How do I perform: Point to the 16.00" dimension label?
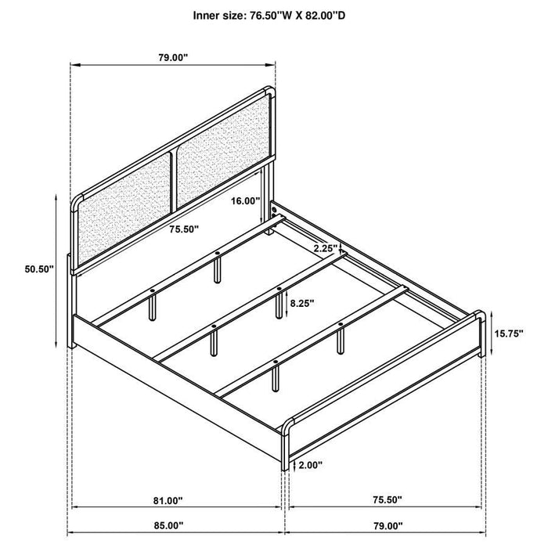pyautogui.click(x=245, y=200)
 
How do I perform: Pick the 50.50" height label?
pyautogui.click(x=38, y=269)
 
